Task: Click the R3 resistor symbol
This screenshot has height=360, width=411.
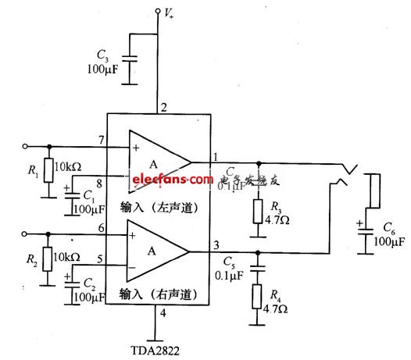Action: [x=257, y=211]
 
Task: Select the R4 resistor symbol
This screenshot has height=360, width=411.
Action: [x=257, y=298]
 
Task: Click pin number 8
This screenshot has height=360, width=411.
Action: [x=100, y=184]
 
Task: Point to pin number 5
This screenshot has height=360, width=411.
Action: [x=100, y=261]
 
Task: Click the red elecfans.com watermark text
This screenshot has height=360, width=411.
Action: [x=171, y=180]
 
